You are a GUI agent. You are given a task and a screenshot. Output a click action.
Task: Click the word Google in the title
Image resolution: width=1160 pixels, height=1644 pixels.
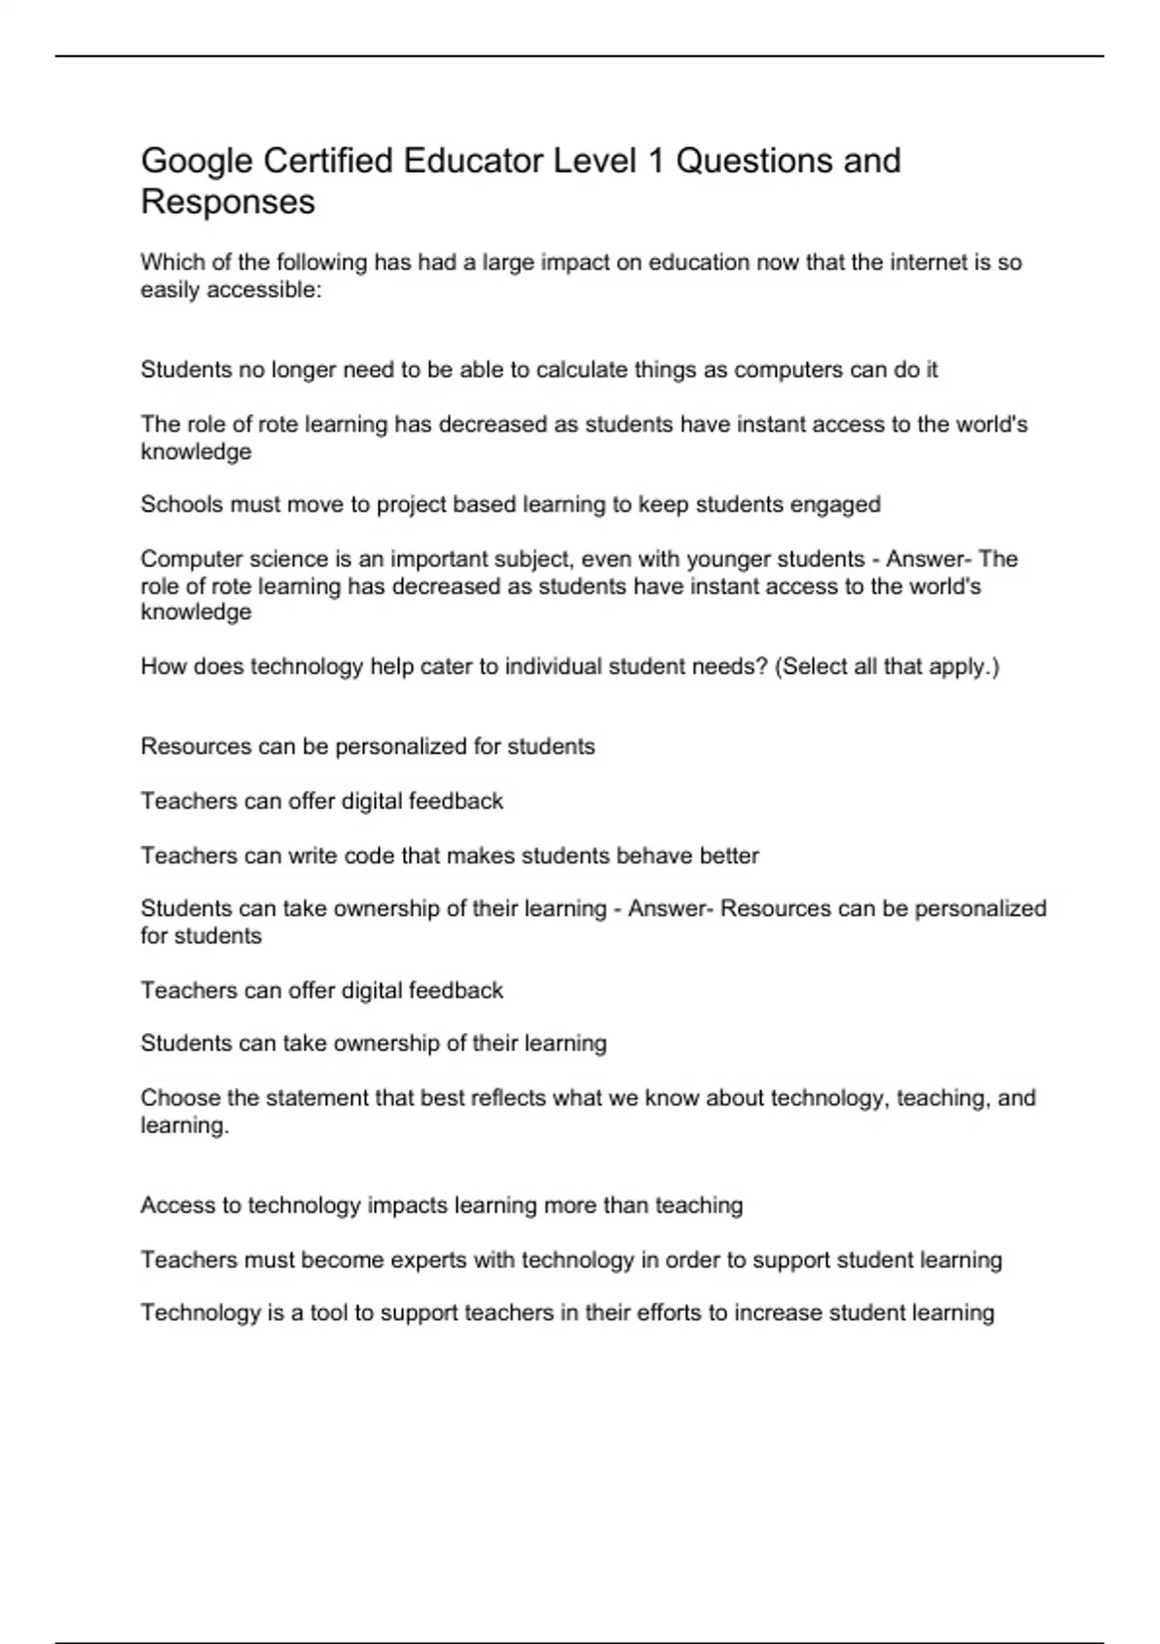(x=197, y=161)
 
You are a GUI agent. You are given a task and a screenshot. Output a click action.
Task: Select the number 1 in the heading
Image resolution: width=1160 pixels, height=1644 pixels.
(x=655, y=161)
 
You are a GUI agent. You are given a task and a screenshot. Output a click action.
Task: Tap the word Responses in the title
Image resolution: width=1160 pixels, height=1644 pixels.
(x=228, y=202)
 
